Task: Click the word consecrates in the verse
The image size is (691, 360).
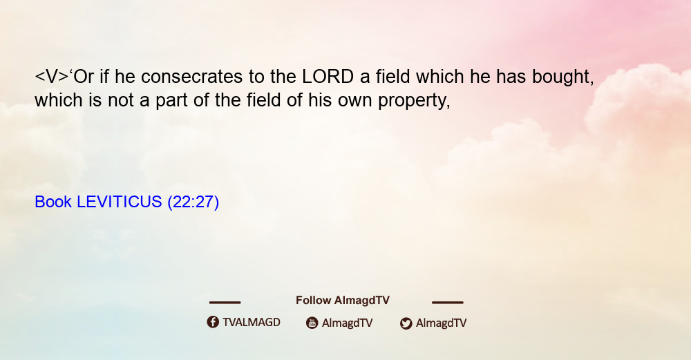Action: [191, 77]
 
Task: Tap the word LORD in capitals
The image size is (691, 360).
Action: [328, 77]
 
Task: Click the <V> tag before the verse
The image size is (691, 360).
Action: [52, 77]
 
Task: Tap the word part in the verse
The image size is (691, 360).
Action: [171, 101]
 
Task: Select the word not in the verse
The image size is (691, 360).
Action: [121, 100]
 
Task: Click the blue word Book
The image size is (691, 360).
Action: [53, 202]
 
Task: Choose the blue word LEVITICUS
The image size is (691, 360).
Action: [120, 202]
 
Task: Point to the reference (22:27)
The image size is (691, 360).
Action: [193, 202]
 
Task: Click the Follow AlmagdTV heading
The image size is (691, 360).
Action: [343, 301]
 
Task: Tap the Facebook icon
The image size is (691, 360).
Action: [213, 322]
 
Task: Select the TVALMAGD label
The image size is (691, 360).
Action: [252, 323]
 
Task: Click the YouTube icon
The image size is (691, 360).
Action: [312, 323]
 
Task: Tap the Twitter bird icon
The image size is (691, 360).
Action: [406, 323]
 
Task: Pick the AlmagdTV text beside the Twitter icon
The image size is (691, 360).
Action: [441, 323]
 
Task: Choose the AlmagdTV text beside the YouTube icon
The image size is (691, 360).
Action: [348, 323]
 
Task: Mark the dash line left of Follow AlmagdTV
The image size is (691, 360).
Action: [225, 302]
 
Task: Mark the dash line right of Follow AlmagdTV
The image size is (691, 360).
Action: [447, 302]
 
